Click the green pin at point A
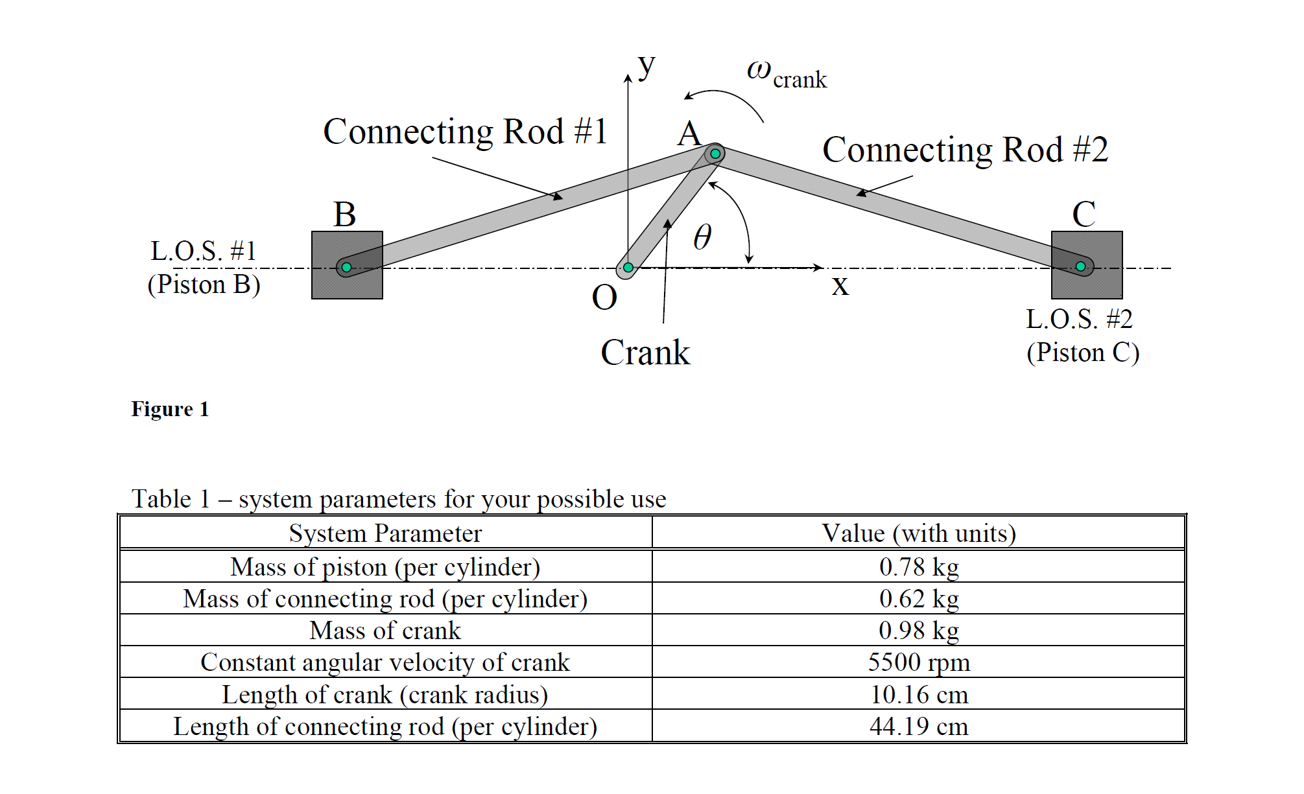(715, 154)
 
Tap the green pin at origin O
(628, 267)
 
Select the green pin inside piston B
(346, 267)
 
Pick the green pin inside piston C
(1080, 266)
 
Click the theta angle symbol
(702, 237)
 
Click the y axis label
(646, 66)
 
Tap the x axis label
(840, 285)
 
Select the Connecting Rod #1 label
(465, 132)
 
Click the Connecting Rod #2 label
(965, 150)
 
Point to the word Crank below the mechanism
(645, 353)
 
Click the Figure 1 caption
(170, 409)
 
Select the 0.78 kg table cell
(919, 567)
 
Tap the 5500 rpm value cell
(919, 662)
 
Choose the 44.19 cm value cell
(919, 726)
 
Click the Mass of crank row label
(385, 631)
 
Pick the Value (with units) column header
(919, 533)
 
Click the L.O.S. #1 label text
(204, 251)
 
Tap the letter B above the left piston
(344, 214)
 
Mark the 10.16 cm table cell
(919, 695)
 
